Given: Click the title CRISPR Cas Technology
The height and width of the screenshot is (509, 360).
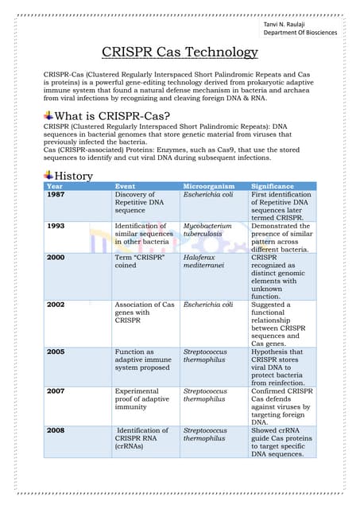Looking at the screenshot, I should tap(180, 53).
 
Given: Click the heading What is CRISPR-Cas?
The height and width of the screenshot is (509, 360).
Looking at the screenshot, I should tap(110, 116).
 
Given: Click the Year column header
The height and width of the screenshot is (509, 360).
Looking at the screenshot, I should tap(55, 186).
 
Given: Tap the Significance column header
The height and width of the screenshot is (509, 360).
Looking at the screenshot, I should tap(273, 186).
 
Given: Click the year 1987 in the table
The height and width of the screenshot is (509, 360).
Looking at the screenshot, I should tap(56, 195).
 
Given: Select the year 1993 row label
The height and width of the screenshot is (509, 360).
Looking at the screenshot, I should tap(56, 226).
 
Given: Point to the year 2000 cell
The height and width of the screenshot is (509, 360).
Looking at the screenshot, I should tap(56, 258).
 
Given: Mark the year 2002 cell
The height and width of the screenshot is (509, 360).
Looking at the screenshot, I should tap(56, 305).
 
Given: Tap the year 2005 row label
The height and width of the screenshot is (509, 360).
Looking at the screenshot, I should tap(56, 352).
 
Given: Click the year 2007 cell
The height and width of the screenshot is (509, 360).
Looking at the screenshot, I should tap(56, 391).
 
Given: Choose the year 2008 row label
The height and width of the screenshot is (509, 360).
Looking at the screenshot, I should tap(56, 430).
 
